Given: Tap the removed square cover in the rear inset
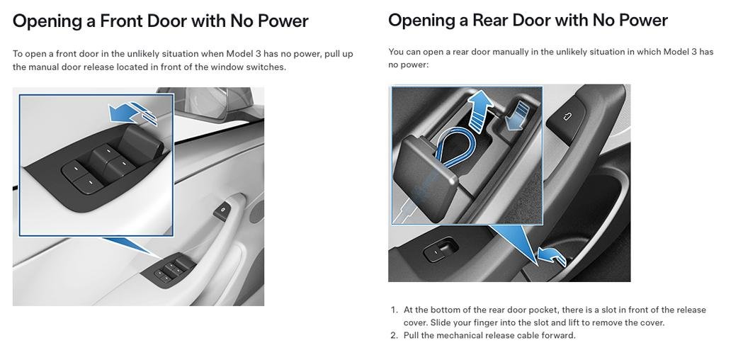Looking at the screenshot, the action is tap(425, 175).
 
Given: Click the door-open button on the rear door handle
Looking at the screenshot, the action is tap(566, 117).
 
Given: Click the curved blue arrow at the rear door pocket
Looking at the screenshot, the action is tap(552, 257).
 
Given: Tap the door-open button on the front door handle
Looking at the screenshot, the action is tap(222, 211).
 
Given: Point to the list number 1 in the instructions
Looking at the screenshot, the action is tap(395, 310).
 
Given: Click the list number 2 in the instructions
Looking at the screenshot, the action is tap(395, 335).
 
